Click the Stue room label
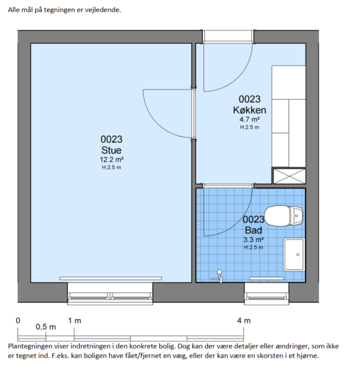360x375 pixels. pyautogui.click(x=111, y=150)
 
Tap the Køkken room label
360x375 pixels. pyautogui.click(x=249, y=110)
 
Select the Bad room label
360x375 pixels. pyautogui.click(x=253, y=230)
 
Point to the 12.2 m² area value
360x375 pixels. pyautogui.click(x=112, y=160)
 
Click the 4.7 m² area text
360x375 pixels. pyautogui.click(x=249, y=119)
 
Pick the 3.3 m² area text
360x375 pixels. pyautogui.click(x=253, y=239)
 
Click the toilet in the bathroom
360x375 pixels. pyautogui.click(x=284, y=216)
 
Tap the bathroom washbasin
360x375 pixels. pyautogui.click(x=294, y=255)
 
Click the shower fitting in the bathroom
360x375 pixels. pyautogui.click(x=218, y=276)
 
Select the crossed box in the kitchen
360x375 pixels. pyautogui.click(x=290, y=176)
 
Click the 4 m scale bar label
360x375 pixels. pyautogui.click(x=244, y=321)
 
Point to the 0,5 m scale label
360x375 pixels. pyautogui.click(x=46, y=327)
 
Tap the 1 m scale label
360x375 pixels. pyautogui.click(x=75, y=321)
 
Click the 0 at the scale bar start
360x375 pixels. pyautogui.click(x=18, y=321)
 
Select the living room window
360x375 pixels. pyautogui.click(x=110, y=294)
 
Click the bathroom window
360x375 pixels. pyautogui.click(x=267, y=294)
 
